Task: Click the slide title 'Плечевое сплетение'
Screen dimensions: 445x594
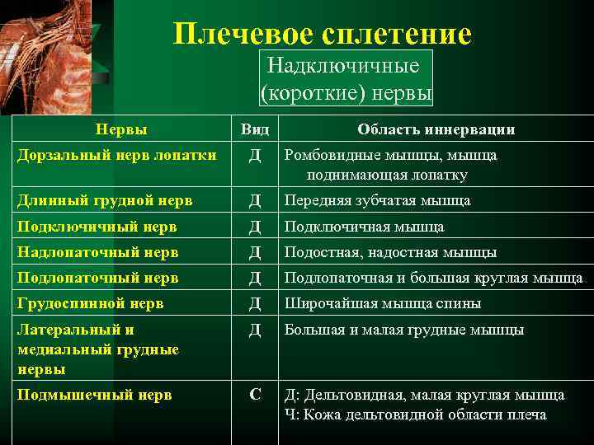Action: (323, 33)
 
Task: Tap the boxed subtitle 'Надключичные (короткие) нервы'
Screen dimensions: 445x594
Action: (346, 79)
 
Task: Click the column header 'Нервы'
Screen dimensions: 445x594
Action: (121, 129)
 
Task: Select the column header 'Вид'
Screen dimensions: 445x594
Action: (255, 129)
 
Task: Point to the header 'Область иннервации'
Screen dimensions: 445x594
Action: (436, 129)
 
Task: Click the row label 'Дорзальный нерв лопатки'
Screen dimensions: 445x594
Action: (116, 154)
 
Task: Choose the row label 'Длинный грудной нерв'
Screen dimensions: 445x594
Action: (106, 200)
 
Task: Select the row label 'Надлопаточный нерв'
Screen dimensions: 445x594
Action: (98, 252)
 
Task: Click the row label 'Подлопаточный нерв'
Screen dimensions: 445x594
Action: (98, 278)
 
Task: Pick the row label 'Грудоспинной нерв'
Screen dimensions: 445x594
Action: (91, 303)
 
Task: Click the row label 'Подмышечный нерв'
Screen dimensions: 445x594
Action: (95, 395)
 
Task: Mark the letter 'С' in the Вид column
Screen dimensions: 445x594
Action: (255, 395)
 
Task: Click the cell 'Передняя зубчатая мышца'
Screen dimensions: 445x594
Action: (377, 200)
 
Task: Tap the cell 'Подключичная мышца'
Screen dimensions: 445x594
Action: (364, 227)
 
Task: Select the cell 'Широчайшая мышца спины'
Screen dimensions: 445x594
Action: (383, 303)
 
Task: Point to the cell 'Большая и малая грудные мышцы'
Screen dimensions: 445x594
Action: (404, 330)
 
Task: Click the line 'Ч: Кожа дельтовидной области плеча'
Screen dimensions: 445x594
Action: (415, 415)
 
